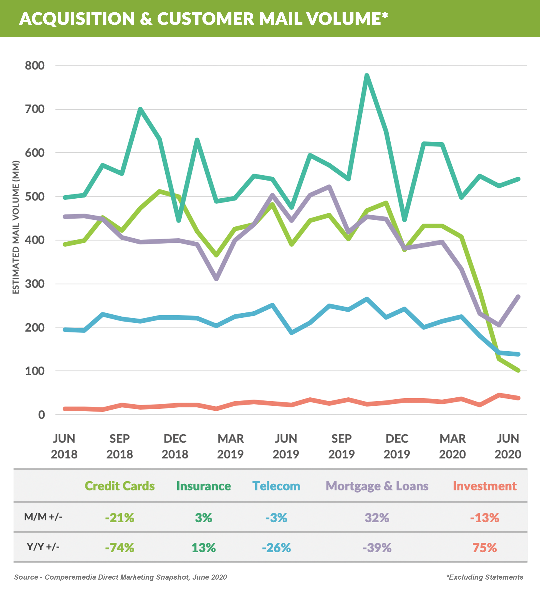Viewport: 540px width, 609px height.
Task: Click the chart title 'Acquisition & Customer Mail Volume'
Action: point(204,18)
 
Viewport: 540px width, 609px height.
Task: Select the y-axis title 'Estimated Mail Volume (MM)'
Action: point(16,227)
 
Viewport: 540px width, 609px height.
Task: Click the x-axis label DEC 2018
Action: point(175,446)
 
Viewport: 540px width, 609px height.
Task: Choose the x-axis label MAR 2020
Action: point(452,446)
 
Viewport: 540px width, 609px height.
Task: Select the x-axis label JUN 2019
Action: point(286,446)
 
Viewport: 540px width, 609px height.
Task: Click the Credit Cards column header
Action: point(120,486)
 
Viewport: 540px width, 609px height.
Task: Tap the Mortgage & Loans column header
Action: point(377,486)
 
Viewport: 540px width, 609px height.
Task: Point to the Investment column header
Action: point(485,486)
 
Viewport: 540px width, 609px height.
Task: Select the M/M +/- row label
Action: point(43,517)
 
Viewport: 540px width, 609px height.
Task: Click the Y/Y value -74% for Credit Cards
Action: point(120,548)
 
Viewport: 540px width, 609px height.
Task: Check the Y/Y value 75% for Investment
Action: point(485,548)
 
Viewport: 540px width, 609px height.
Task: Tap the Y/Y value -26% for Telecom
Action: point(276,548)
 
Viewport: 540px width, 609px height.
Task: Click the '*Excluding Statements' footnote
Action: point(485,577)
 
